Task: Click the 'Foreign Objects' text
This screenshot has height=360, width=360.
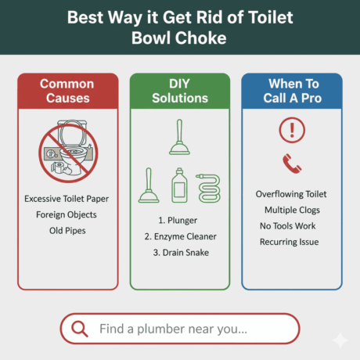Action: click(x=67, y=214)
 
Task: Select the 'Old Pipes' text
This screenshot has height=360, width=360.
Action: click(x=67, y=230)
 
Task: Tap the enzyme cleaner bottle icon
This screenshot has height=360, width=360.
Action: click(x=180, y=185)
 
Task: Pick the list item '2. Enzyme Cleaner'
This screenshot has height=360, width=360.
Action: click(x=179, y=236)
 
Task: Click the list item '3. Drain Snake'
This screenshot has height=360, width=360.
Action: click(x=179, y=252)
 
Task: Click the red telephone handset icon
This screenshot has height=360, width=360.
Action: click(x=291, y=163)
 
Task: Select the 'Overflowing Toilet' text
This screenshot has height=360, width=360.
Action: click(x=291, y=194)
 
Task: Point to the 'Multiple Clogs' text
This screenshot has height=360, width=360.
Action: click(x=291, y=210)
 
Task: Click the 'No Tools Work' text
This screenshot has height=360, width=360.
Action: click(x=291, y=226)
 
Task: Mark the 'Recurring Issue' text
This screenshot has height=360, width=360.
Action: click(x=291, y=242)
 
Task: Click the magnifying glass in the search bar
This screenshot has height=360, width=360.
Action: click(x=79, y=329)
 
